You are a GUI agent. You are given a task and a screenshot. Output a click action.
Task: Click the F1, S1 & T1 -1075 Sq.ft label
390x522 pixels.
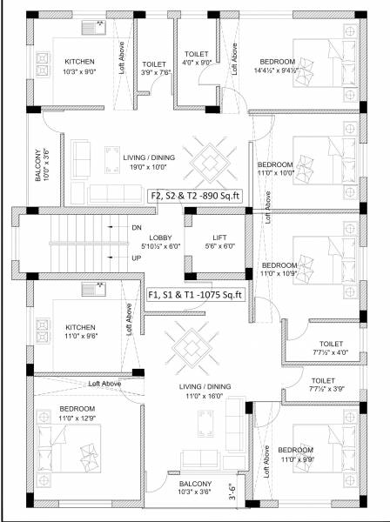(195, 294)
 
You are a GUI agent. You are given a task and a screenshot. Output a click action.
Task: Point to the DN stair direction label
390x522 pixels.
(136, 227)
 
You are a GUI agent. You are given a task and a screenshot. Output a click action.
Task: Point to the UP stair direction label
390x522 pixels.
(136, 259)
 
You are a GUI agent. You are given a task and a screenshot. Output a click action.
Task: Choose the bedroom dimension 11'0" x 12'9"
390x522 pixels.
(77, 418)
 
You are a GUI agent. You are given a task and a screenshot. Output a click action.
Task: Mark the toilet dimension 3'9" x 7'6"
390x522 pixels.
(154, 74)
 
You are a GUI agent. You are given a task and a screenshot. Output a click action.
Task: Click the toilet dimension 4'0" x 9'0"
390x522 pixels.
(197, 63)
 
